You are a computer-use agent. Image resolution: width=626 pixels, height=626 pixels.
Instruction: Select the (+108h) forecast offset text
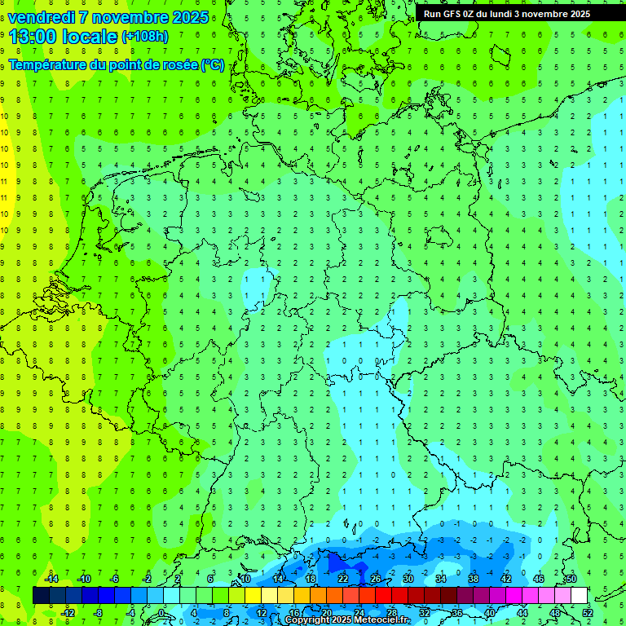pos(144,37)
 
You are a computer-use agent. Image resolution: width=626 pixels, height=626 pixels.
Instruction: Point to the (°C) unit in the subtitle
pos(212,64)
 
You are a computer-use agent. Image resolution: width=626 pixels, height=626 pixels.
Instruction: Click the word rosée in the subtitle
pos(178,64)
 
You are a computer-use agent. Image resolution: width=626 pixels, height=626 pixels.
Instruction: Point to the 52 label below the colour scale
pos(588,612)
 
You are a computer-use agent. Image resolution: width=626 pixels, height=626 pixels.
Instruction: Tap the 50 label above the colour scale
pos(571,579)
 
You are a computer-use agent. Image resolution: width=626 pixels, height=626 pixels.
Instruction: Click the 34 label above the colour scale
pos(441,579)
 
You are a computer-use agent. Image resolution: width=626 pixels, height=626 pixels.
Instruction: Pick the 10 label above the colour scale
pos(245,579)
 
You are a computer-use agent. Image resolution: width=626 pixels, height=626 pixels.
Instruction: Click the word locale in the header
pos(88,36)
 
